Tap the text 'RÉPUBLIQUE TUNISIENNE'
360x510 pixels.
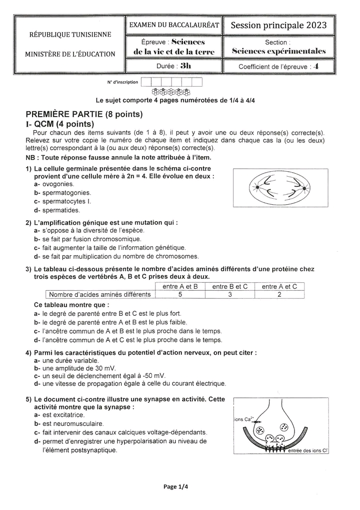tap(70, 35)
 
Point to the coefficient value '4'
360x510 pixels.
tap(315, 66)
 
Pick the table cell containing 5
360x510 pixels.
tap(180, 295)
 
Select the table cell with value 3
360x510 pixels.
tap(229, 295)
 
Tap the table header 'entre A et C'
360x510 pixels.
tap(279, 287)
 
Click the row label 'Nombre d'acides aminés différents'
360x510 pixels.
tap(99, 295)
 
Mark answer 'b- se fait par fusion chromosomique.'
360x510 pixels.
tap(87, 239)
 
